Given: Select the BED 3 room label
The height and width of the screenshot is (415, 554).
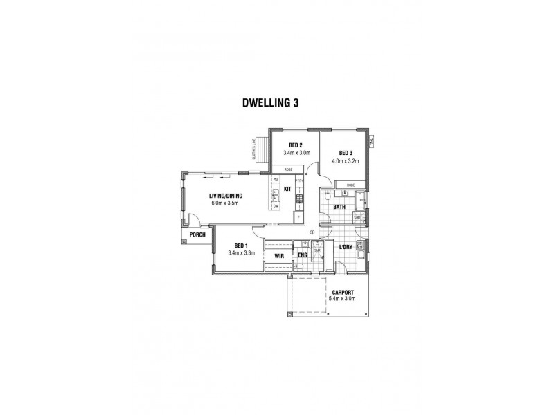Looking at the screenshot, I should click(347, 153).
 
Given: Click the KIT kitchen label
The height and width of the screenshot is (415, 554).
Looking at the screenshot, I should click(287, 189).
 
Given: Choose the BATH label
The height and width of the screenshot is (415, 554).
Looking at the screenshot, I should click(339, 207).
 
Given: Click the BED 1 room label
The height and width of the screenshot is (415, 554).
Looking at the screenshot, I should click(241, 246).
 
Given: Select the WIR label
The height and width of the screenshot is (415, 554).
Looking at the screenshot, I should click(279, 256).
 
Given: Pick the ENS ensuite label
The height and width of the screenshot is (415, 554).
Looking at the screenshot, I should click(302, 256).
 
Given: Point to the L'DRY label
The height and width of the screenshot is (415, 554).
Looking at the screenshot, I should click(346, 247).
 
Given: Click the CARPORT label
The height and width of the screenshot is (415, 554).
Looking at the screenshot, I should click(343, 292).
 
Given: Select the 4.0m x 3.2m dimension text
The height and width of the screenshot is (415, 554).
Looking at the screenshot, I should click(347, 160).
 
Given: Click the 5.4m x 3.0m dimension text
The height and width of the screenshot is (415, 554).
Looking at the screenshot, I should click(343, 299).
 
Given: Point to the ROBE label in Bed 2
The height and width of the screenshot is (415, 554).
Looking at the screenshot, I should click(285, 169).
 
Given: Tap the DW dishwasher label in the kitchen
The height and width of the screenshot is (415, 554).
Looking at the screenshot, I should click(275, 206).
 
